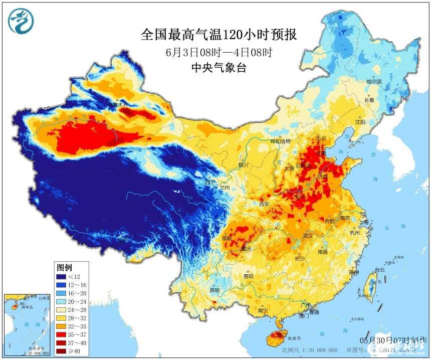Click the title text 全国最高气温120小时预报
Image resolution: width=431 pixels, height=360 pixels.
coord(219,35)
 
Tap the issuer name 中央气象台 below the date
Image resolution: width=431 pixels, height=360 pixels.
coord(219,69)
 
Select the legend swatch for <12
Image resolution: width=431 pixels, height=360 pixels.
coord(61,276)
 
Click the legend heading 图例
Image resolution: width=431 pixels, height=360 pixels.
coord(65,266)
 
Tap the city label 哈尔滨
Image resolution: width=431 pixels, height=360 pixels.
coord(374,81)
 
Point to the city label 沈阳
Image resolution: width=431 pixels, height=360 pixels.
coord(360,122)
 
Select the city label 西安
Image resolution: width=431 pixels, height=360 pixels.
coord(264,204)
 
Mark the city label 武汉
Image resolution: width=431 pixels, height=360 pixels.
coord(307,235)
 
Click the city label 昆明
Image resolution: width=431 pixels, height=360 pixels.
coord(214,290)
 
